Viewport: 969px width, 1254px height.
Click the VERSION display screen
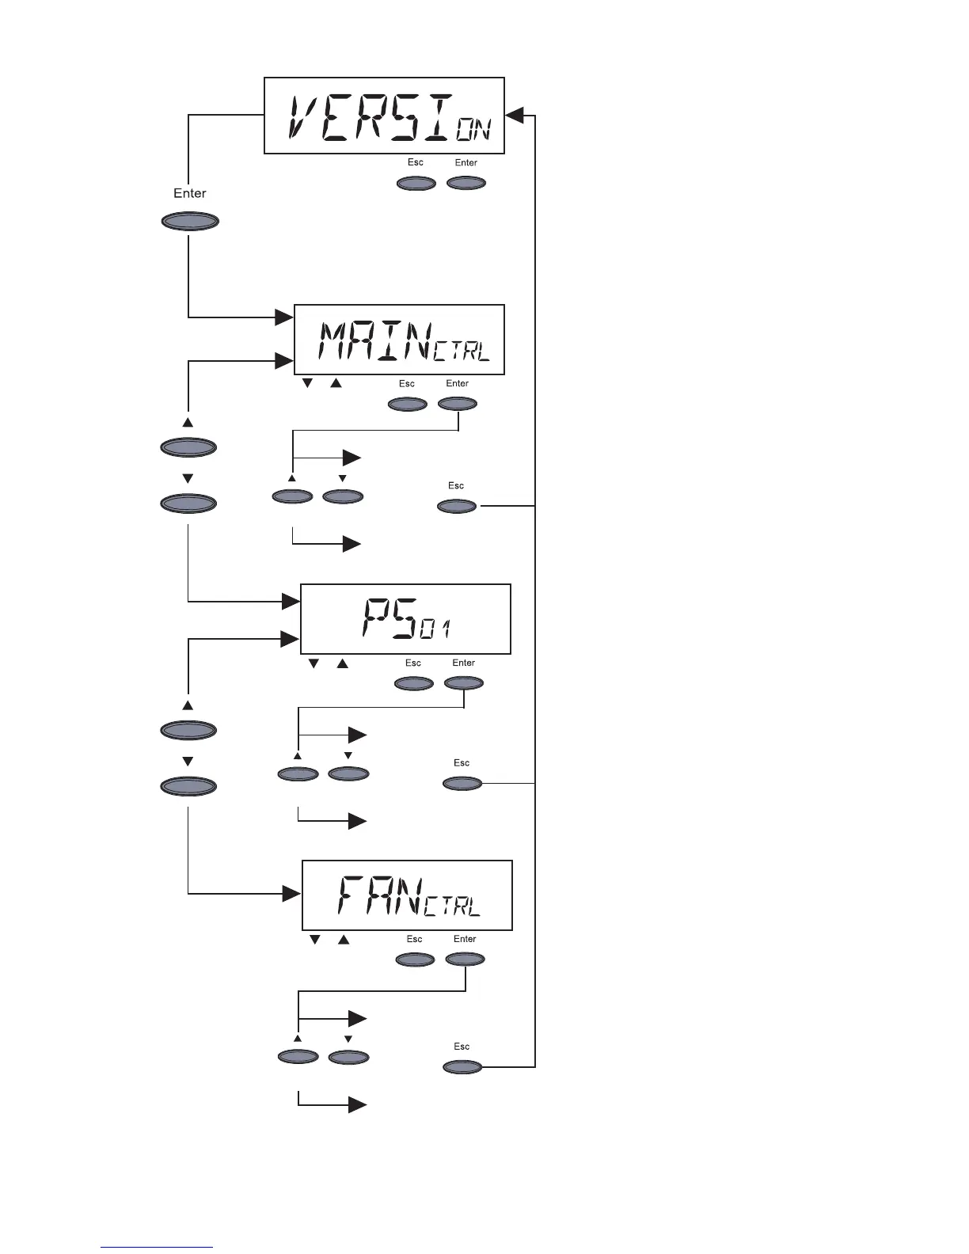(384, 116)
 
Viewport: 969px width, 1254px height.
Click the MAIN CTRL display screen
(399, 339)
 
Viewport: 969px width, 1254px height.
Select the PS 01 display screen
(405, 619)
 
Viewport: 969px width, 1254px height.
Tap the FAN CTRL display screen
(407, 895)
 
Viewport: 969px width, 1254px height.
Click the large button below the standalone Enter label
(190, 221)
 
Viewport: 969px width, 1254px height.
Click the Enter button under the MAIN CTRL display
(458, 404)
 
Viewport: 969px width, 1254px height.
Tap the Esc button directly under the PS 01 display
(414, 683)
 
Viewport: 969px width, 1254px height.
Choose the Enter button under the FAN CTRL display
(465, 959)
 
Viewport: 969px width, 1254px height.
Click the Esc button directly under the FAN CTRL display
(416, 959)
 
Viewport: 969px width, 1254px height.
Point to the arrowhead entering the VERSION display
(515, 116)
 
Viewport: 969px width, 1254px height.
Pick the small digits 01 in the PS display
(436, 630)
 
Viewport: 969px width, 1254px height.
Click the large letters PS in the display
(389, 618)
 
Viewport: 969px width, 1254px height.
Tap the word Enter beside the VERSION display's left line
(190, 193)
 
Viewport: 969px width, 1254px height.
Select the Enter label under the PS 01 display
(464, 663)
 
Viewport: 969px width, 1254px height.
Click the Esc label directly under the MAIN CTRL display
(407, 384)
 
